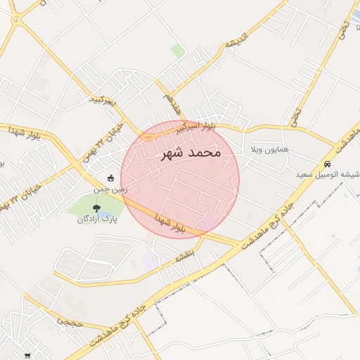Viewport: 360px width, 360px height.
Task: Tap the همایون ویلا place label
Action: (x=266, y=151)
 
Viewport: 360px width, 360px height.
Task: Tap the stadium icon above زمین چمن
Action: (x=110, y=179)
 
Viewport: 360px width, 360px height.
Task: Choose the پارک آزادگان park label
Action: (x=97, y=219)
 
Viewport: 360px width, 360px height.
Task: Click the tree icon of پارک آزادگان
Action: (x=96, y=208)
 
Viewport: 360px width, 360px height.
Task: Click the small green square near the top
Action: (x=179, y=51)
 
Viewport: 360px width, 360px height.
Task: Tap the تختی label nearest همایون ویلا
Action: (x=295, y=112)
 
